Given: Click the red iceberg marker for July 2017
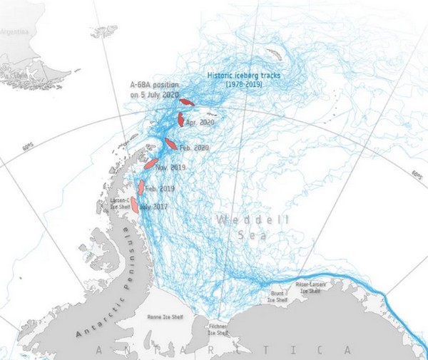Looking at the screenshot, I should tap(134, 205).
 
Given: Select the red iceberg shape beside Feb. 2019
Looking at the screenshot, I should tap(141, 187).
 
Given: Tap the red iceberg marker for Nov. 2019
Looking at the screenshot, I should tap(151, 163).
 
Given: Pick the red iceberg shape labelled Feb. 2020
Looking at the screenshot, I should tap(170, 143).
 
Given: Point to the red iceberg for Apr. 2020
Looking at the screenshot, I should tap(181, 119).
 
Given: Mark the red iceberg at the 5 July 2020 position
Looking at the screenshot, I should tap(186, 102).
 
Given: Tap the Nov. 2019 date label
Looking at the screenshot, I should tap(170, 168).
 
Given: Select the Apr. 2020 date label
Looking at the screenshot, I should tap(200, 123).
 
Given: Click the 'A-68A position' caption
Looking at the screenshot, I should tap(152, 85).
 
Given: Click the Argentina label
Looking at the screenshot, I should tap(14, 33).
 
